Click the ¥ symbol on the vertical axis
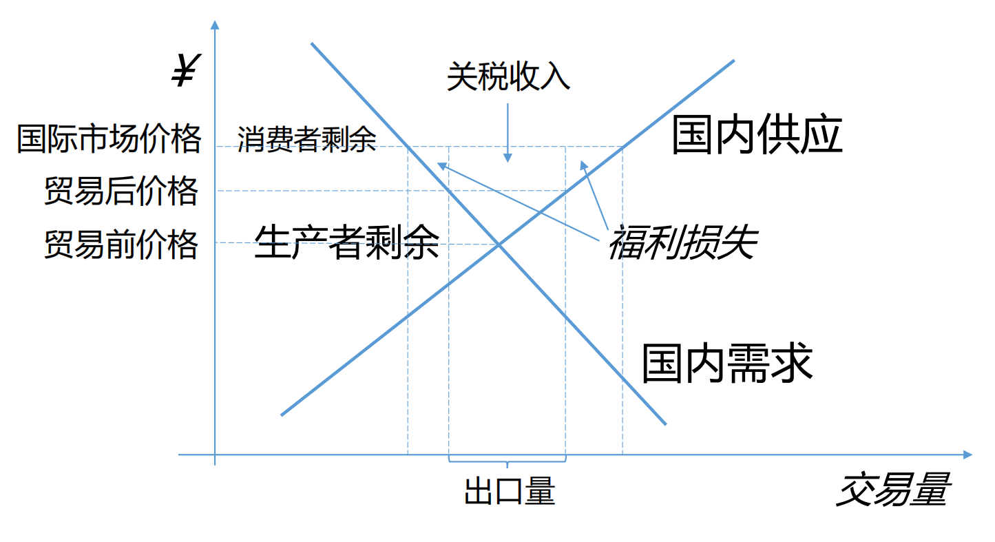tap(183, 72)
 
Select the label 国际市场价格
tap(109, 138)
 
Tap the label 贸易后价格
tap(121, 191)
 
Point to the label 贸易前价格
tap(121, 244)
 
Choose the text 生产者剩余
tap(347, 242)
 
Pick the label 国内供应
tap(757, 135)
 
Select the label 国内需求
tap(727, 363)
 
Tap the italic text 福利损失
tap(682, 243)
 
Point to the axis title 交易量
tap(893, 490)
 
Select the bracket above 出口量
tap(507, 461)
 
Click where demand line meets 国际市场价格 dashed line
tap(408, 146)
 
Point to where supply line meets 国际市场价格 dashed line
tap(623, 146)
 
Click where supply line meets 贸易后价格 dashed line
tap(566, 191)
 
